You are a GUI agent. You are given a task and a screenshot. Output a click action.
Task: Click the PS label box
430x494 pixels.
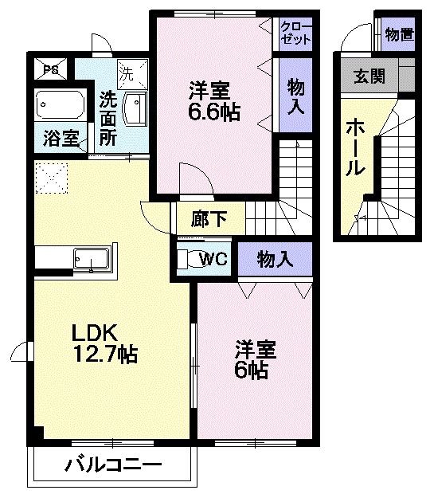pos(51,69)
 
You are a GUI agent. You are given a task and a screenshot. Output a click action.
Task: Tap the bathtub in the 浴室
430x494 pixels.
pos(59,105)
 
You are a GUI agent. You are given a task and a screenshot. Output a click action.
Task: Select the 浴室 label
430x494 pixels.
pos(60,138)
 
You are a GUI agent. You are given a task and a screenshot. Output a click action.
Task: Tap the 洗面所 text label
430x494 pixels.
pos(107,117)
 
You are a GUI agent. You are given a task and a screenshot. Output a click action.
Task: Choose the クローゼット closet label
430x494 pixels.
pos(295,33)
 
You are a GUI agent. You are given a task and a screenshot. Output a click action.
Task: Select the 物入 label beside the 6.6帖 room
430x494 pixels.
pos(295,96)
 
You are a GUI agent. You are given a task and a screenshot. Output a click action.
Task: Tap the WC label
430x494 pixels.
pos(213,258)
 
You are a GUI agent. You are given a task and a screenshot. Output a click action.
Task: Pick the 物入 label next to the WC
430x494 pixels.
pos(276,258)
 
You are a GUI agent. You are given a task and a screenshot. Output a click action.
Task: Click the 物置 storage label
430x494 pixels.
pos(398,33)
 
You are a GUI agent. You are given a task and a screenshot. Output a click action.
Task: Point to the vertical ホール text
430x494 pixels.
pos(355,147)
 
